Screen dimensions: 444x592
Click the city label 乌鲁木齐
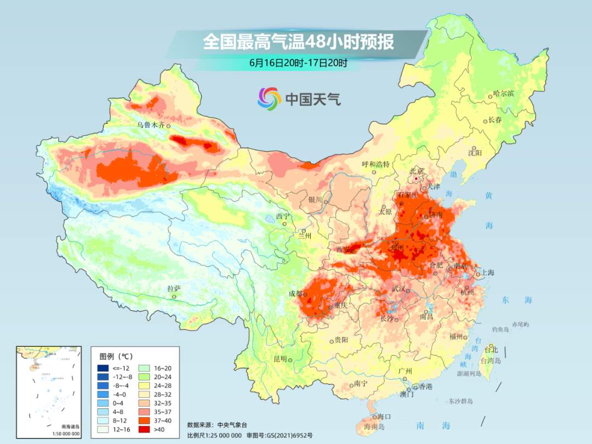151,125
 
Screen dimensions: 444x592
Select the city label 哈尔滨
503,94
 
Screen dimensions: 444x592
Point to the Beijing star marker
417,179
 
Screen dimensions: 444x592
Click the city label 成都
296,293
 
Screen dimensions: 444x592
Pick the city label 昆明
280,358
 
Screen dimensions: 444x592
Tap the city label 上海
487,273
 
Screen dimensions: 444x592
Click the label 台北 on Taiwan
491,350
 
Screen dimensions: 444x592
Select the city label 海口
384,417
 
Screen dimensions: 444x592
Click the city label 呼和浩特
375,164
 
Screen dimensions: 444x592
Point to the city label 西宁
282,216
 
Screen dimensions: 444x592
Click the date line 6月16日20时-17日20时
298,62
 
